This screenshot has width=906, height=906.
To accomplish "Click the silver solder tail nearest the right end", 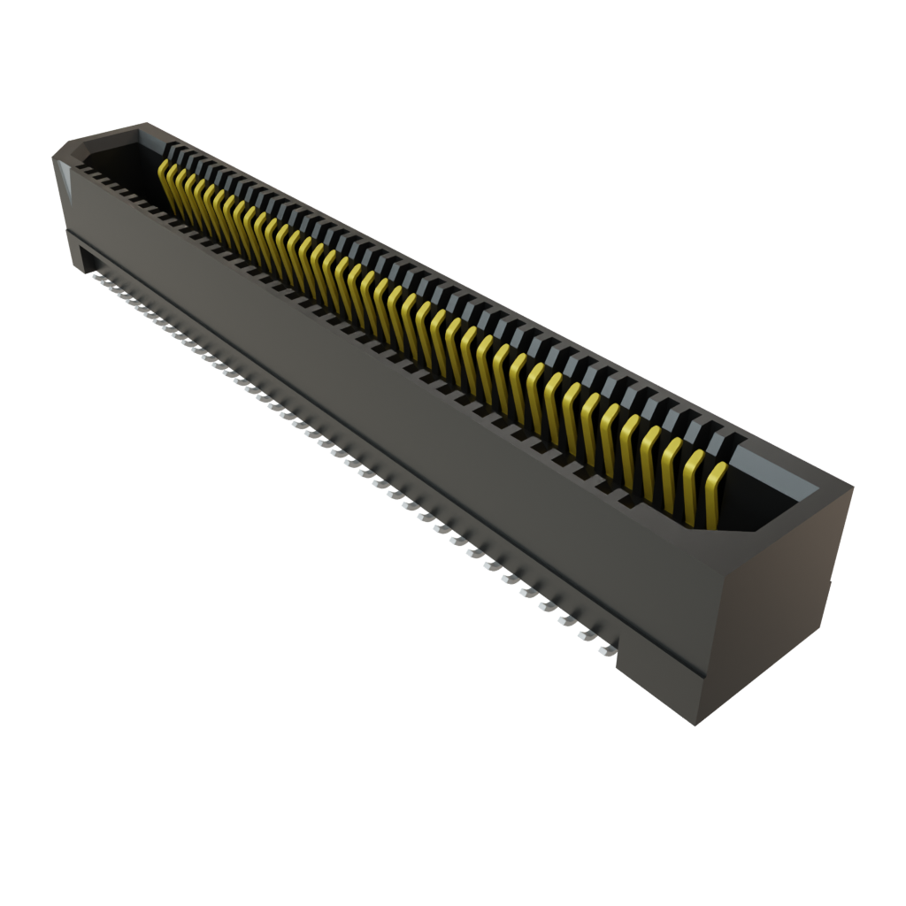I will point(605,650).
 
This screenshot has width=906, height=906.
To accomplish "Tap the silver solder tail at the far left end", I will point(96,275).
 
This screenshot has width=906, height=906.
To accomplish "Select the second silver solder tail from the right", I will point(585,634).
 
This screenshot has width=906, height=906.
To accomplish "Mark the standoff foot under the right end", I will point(659,690).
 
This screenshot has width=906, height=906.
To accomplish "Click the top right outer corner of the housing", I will point(853,485).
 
